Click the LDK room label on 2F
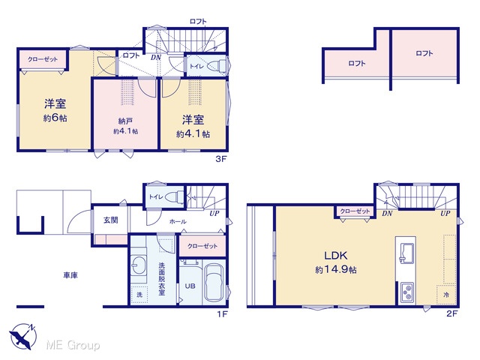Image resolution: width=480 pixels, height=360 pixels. click(335, 255)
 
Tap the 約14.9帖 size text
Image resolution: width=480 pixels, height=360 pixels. click(336, 270)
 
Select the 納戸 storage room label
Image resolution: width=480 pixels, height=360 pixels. click(125, 121)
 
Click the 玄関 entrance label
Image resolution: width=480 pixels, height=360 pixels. click(110, 220)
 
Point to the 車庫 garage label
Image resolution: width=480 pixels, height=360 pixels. click(70, 275)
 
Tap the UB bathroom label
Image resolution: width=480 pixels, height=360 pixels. click(190, 286)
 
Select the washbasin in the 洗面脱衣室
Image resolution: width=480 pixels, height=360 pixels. click(139, 265)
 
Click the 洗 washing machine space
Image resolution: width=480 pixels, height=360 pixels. click(139, 295)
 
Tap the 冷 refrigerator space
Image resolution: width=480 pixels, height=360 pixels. click(446, 295)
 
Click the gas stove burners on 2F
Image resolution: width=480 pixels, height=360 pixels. click(407, 292)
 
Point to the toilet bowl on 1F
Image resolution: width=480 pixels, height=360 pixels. click(175, 196)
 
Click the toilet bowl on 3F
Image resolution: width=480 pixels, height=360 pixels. click(217, 66)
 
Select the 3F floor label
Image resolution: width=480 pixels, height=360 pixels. click(220, 159)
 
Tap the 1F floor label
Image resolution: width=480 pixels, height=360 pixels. click(223, 314)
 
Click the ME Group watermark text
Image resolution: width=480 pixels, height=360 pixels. click(73, 345)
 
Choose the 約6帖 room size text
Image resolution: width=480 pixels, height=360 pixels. click(55, 118)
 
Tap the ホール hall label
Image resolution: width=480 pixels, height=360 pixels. click(178, 221)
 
